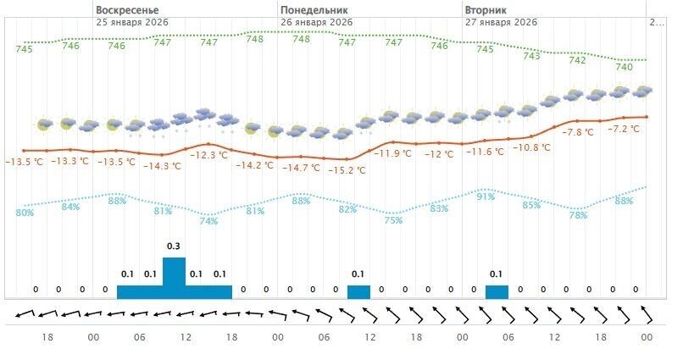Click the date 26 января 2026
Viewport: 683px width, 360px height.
(x=316, y=21)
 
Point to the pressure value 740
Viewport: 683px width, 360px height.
(x=624, y=67)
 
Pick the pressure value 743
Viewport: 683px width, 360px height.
(x=531, y=56)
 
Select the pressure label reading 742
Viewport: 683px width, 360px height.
(x=577, y=60)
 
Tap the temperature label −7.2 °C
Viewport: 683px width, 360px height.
(x=625, y=129)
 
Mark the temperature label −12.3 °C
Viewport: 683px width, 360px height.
(x=208, y=155)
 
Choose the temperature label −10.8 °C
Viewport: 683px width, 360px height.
(x=532, y=147)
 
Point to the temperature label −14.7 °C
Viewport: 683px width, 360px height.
(x=301, y=169)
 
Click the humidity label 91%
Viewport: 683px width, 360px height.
(x=486, y=197)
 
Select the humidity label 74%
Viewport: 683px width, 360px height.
(x=208, y=221)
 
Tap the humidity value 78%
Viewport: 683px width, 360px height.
(x=578, y=215)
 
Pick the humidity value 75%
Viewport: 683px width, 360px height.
(x=393, y=220)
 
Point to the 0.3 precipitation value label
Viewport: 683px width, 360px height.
(x=174, y=246)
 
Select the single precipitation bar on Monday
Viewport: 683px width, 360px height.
(x=358, y=292)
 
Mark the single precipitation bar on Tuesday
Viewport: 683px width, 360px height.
(x=497, y=292)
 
